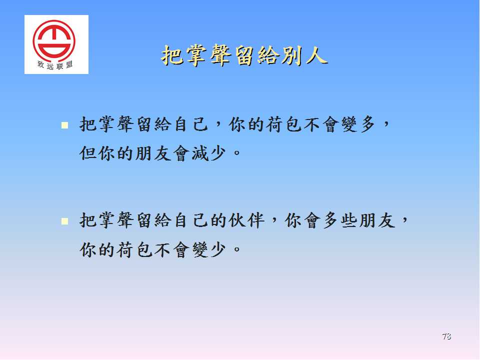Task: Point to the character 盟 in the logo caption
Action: (69, 64)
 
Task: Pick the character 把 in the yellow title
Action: (171, 55)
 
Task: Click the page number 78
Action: (446, 336)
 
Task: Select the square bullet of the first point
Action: (64, 125)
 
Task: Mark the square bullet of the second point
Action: (64, 221)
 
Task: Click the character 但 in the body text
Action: (88, 153)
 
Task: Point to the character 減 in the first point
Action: (200, 153)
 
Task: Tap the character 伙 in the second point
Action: (237, 220)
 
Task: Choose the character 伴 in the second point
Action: (256, 220)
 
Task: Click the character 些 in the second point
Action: (349, 220)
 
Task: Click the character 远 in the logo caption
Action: (50, 66)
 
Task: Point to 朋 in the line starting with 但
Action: (144, 153)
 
